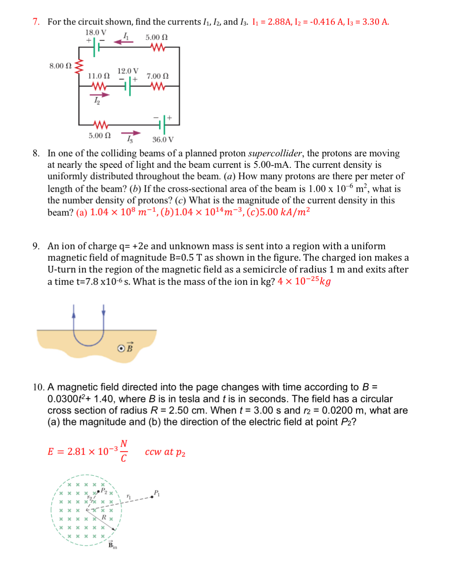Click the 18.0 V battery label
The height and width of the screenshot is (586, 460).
pos(96,32)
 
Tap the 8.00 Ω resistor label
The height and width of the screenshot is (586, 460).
pos(60,66)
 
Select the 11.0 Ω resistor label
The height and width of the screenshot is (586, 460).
pos(99,76)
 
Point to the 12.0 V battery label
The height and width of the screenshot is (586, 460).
pos(128,71)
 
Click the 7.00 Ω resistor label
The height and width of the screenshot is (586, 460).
pos(157,76)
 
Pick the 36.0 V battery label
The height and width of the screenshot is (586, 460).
pos(163,139)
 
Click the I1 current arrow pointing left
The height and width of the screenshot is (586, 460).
pos(123,41)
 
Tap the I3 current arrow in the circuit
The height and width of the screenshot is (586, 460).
pos(131,134)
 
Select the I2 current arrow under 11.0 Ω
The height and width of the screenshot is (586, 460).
pos(100,95)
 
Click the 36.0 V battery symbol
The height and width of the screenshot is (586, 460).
pos(162,125)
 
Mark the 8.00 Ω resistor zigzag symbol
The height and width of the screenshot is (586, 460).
pos(79,66)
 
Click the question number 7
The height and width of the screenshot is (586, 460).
pos(36,22)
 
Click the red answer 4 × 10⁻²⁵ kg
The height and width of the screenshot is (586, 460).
pos(304,281)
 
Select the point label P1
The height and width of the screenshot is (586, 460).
pos(156,493)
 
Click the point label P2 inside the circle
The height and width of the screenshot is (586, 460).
pos(104,490)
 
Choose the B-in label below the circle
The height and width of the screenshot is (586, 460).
pos(112,545)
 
